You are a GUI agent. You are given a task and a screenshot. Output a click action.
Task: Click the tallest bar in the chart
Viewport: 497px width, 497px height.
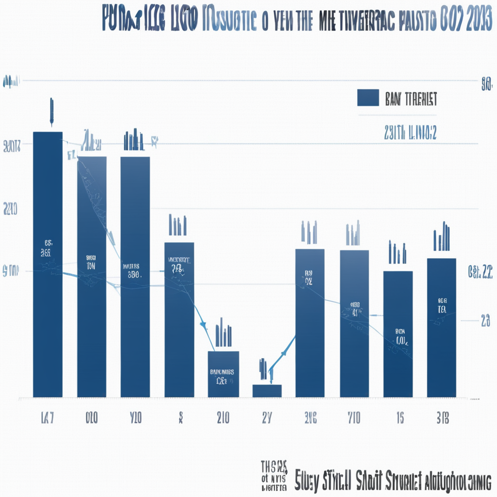click(48, 265)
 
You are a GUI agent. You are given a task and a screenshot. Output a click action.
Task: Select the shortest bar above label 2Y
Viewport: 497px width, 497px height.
click(267, 391)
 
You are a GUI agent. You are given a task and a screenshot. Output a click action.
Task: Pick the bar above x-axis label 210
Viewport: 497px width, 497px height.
click(223, 374)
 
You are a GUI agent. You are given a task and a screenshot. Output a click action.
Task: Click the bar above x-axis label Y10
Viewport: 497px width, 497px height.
click(135, 277)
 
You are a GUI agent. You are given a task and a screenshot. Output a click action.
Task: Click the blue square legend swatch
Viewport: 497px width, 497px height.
click(368, 98)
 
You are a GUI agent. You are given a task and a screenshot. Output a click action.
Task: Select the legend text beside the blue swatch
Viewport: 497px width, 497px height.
click(411, 99)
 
